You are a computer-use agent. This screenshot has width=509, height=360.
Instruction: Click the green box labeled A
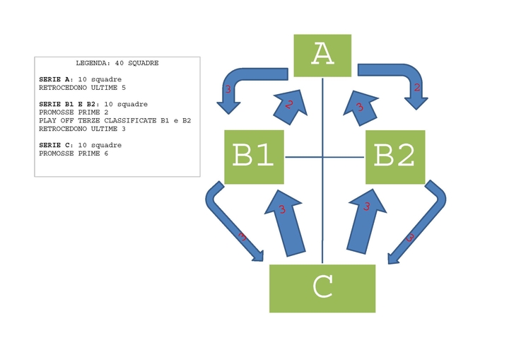(x=322, y=54)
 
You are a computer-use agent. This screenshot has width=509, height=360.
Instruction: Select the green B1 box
(x=254, y=157)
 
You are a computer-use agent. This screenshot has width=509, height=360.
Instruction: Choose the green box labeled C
(x=322, y=288)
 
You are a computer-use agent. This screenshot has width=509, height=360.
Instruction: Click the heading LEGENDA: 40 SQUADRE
(x=117, y=63)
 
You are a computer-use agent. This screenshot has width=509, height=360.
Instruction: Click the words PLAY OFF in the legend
(x=52, y=120)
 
